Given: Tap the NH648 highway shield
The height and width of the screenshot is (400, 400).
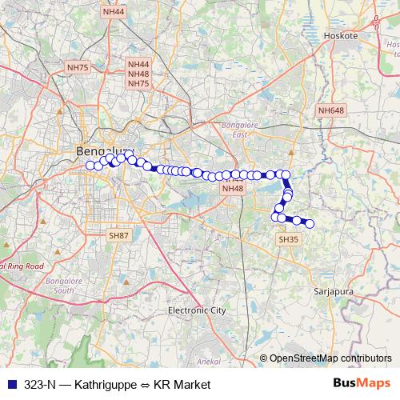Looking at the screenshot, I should click(330, 110).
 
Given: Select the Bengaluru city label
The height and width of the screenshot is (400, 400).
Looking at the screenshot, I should click(102, 150).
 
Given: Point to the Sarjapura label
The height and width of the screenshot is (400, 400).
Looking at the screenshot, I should click(334, 292).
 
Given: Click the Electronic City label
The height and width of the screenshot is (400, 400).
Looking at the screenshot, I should click(197, 310).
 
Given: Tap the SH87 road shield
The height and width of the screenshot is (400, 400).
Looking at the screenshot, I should click(118, 235).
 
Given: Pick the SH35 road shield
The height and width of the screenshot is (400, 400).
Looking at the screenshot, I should click(288, 239).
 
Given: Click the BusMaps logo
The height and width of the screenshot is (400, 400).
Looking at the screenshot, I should click(362, 384).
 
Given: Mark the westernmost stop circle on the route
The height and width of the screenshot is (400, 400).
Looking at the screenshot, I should click(90, 166).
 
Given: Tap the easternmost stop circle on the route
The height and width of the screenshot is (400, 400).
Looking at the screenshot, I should click(310, 224).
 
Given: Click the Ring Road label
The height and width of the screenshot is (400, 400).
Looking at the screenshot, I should click(24, 266).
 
